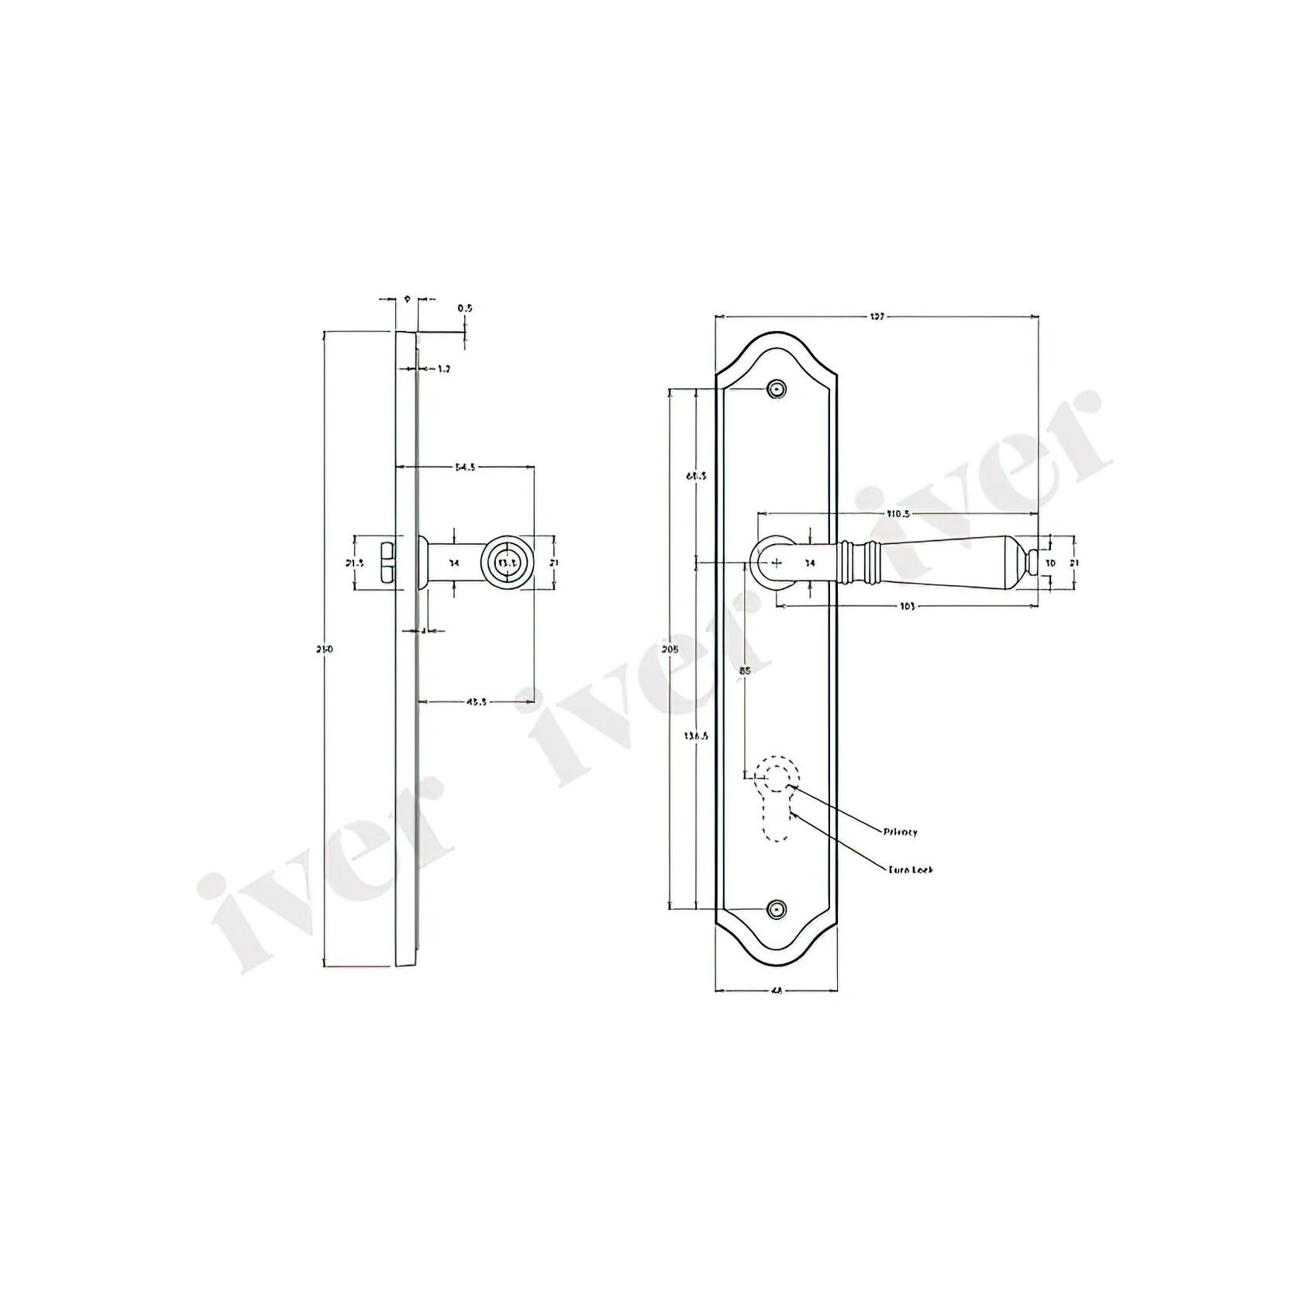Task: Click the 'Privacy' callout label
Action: pos(900,832)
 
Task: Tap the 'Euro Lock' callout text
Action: pos(911,870)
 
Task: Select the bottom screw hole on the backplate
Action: pos(776,908)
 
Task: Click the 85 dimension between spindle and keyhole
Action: pos(745,671)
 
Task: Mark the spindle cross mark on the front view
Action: pos(778,562)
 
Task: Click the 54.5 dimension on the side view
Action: pos(465,467)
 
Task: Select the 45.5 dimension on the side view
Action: pos(476,702)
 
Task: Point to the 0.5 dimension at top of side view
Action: pos(464,308)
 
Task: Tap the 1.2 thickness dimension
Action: pos(443,370)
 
